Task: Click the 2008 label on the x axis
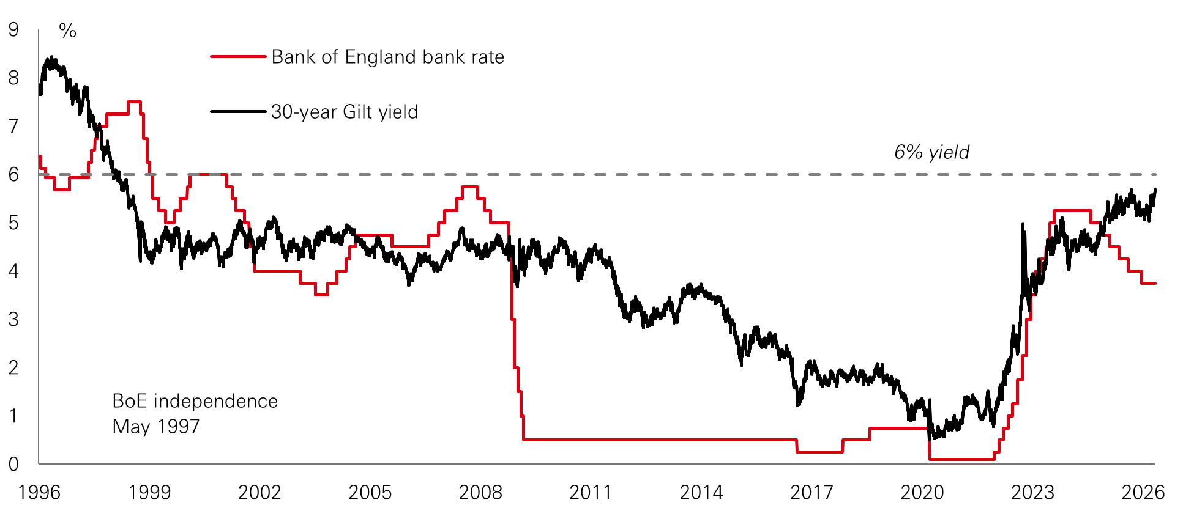pos(480,493)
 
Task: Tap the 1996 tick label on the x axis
pos(39,493)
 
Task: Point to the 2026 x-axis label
pos(1143,493)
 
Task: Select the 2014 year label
pos(701,493)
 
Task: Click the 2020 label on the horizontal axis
pos(922,493)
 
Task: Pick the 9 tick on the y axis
pos(13,29)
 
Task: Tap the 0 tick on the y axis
pos(13,464)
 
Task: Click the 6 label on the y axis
pos(13,175)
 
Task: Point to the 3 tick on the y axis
pos(13,319)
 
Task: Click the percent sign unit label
pos(67,31)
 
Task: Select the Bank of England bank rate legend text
pos(388,57)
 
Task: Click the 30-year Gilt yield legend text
pos(345,112)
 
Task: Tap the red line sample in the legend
pos(238,57)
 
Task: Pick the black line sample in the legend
pos(238,112)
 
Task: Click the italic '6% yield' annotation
pos(931,152)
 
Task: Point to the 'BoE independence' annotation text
pos(195,401)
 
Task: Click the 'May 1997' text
pos(156,427)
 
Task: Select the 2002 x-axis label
pos(259,493)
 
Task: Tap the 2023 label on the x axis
pos(1032,493)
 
